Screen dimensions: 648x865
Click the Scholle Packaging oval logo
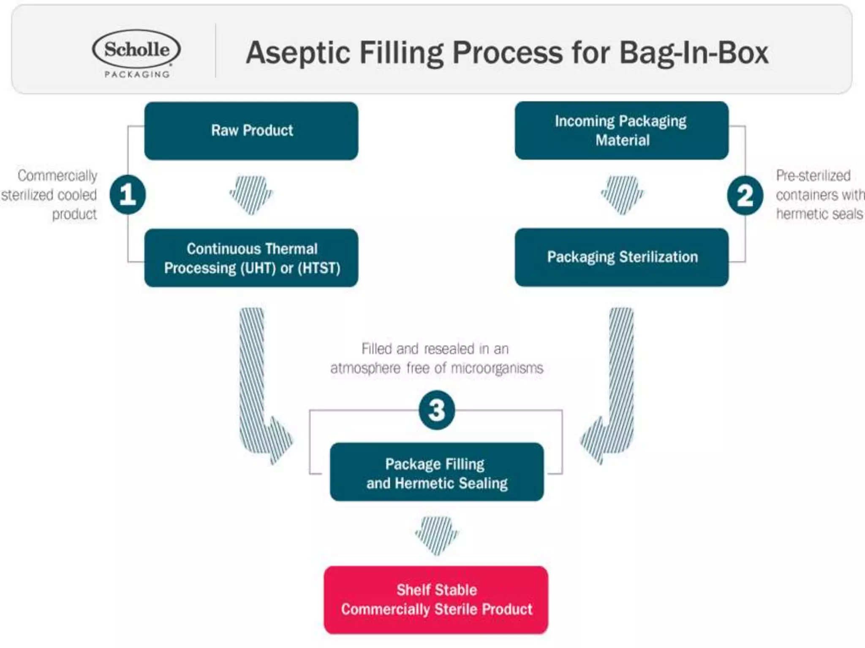[x=136, y=50]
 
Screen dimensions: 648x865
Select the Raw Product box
[x=251, y=131]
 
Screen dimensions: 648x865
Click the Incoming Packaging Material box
[x=621, y=131]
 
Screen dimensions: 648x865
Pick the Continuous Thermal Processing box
[x=251, y=258]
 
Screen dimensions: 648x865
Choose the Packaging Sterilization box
[x=621, y=257]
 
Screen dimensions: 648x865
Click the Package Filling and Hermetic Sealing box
[x=437, y=472]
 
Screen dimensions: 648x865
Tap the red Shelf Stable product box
[x=436, y=599]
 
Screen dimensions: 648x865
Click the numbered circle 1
[x=128, y=195]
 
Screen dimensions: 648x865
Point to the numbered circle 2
[x=745, y=195]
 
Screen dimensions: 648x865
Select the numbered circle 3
[x=437, y=410]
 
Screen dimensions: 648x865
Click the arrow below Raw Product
[x=251, y=194]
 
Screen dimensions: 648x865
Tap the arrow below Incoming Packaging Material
[x=622, y=194]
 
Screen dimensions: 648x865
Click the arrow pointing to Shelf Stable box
[x=436, y=535]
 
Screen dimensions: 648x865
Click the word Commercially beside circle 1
[x=57, y=175]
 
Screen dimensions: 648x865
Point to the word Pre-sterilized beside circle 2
[x=813, y=175]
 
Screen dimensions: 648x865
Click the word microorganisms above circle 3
[x=497, y=368]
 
